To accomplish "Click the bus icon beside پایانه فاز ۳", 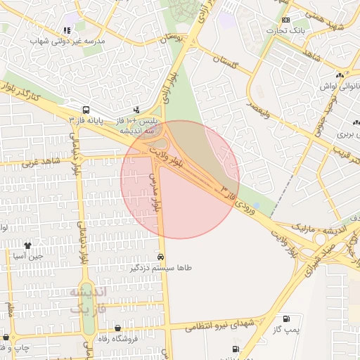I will point(86,110).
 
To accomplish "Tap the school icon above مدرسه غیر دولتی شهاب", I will point(67,30).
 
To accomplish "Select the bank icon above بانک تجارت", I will point(285,20).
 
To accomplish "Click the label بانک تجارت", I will point(289,31).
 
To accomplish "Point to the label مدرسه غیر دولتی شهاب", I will point(67,41).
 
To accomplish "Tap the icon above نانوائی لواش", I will point(340,75).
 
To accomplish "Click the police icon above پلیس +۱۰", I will point(136,110).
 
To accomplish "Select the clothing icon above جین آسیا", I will point(28,246).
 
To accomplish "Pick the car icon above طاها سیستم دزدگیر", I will point(162,257).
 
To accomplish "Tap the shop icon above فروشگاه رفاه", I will point(117,328).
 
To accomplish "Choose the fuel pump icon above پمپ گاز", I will point(285,319).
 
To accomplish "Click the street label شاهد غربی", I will point(40,162).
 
